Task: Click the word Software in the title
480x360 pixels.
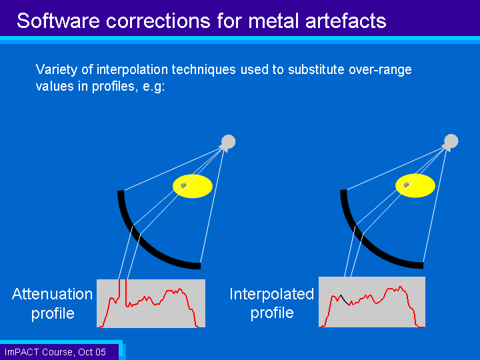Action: pyautogui.click(x=59, y=21)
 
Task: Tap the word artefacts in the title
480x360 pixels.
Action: pyautogui.click(x=345, y=21)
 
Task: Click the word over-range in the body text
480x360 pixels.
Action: pyautogui.click(x=380, y=70)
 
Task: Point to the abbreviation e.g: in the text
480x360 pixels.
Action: pyautogui.click(x=154, y=87)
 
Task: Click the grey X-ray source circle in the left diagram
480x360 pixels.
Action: pyautogui.click(x=229, y=142)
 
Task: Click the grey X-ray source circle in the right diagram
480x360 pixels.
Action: pyautogui.click(x=451, y=141)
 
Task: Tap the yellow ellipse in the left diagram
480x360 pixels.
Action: pyautogui.click(x=193, y=186)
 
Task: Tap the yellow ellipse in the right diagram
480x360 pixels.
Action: pyautogui.click(x=415, y=185)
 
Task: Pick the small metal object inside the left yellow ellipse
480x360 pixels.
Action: pyautogui.click(x=184, y=185)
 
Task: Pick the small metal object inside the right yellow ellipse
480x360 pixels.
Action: pyautogui.click(x=406, y=185)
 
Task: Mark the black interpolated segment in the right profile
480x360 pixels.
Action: pyautogui.click(x=345, y=300)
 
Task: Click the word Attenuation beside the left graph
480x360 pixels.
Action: pyautogui.click(x=53, y=294)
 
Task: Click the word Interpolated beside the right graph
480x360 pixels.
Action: pyautogui.click(x=272, y=294)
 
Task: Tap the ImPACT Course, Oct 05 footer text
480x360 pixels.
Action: pyautogui.click(x=55, y=352)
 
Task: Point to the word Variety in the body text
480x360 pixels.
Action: pyautogui.click(x=57, y=70)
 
